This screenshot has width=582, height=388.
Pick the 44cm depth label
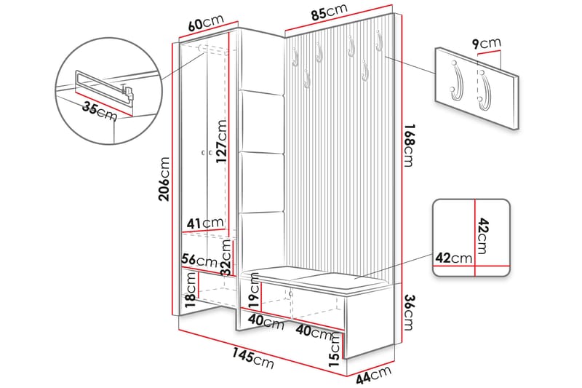375,374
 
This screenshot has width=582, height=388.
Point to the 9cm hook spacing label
486,45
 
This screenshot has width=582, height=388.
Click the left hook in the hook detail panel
457,82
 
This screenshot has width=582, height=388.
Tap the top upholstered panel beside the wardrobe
261,121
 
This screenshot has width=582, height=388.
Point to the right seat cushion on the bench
334,275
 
